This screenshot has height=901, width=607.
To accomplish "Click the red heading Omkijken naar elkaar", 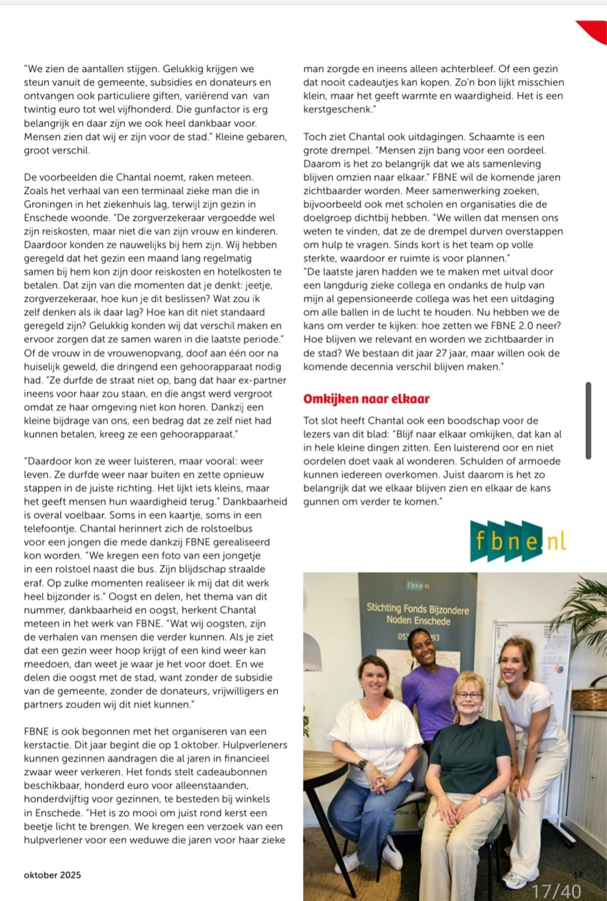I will pyautogui.click(x=366, y=399).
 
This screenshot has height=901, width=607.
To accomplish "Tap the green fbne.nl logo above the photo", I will pyautogui.click(x=518, y=541).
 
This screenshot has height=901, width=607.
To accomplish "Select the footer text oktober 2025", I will pyautogui.click(x=52, y=875).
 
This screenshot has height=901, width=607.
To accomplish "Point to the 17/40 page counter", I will pyautogui.click(x=556, y=891).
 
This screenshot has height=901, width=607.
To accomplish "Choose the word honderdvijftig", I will pyautogui.click(x=60, y=799).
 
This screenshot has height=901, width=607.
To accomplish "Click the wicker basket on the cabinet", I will pyautogui.click(x=589, y=697).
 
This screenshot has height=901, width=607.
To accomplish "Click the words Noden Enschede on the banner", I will pyautogui.click(x=418, y=621).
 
